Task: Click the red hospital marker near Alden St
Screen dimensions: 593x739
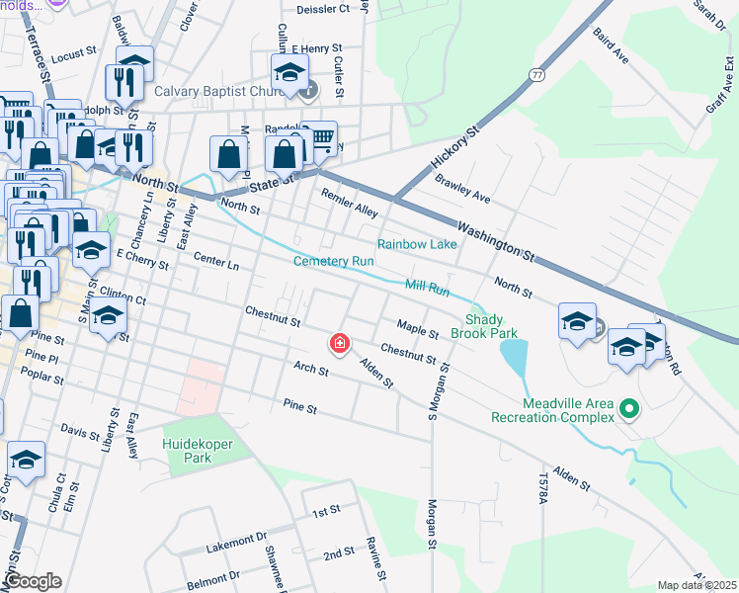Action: click(x=340, y=343)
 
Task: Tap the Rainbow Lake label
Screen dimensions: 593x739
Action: click(x=417, y=244)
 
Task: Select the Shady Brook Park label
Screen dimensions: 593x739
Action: click(x=498, y=327)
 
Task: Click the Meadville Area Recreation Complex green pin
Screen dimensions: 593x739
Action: click(x=626, y=406)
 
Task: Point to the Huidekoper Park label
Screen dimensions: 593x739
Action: click(x=198, y=451)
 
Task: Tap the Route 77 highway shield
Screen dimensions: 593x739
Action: click(x=536, y=74)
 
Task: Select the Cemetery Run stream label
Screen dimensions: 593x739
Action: click(x=334, y=262)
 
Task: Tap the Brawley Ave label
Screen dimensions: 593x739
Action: click(x=462, y=188)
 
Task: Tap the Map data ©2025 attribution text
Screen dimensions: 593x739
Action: click(x=696, y=585)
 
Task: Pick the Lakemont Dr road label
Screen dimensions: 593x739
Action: click(x=237, y=540)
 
